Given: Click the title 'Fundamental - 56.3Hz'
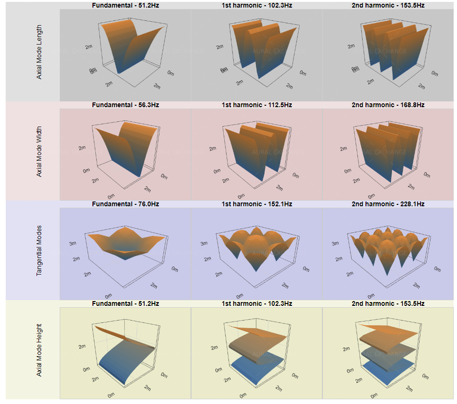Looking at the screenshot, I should [x=125, y=105].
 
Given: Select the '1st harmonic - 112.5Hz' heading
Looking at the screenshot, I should [x=257, y=105].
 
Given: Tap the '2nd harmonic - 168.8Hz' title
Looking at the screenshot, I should [x=388, y=105].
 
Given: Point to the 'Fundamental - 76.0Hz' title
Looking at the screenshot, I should [x=125, y=204].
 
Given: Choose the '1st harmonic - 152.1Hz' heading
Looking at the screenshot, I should [x=257, y=204].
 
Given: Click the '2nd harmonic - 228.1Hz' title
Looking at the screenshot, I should [x=388, y=204].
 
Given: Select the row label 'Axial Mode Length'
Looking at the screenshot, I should [x=39, y=52].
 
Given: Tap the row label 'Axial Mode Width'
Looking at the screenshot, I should [x=39, y=151].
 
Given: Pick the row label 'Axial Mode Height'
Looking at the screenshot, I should [x=39, y=350].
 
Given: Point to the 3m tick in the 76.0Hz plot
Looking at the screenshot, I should [x=72, y=244].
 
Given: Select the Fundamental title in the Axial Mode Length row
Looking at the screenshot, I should [x=125, y=5].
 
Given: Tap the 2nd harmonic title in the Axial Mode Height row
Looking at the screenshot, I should [x=388, y=303].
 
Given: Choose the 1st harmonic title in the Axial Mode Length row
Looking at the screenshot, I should [x=257, y=5].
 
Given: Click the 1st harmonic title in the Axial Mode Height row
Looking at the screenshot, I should [x=257, y=303].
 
